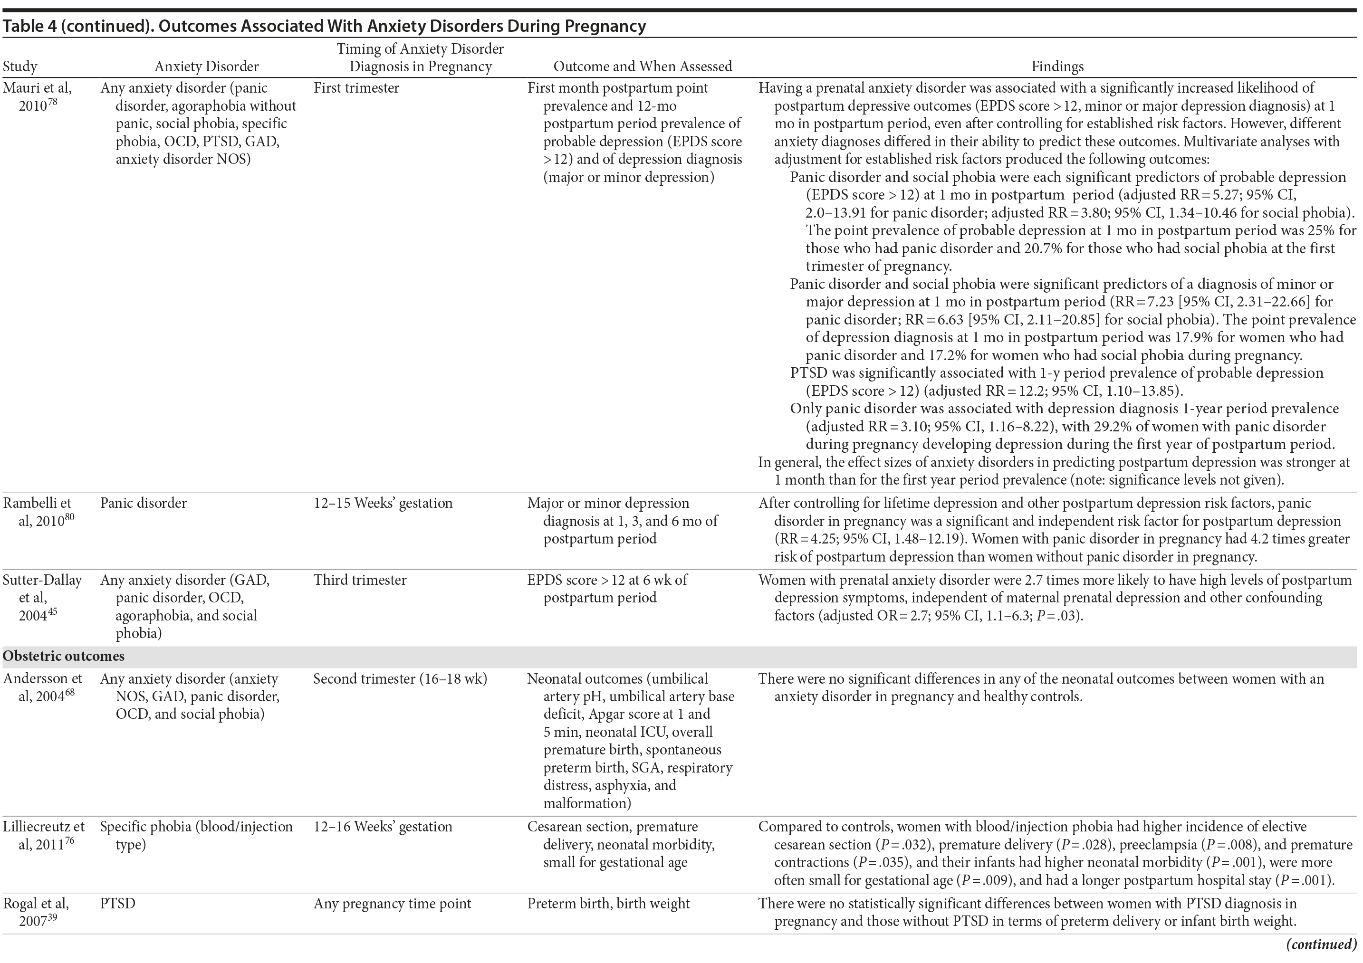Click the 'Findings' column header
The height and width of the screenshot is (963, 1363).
click(x=1057, y=67)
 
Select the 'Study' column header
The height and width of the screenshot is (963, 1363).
click(x=20, y=67)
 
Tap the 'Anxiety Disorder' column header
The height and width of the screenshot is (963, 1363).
click(x=207, y=67)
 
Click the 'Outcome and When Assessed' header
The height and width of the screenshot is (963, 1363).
click(x=643, y=67)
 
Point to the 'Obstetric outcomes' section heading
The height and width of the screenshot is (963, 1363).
click(x=64, y=656)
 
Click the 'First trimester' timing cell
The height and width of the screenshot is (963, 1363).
click(x=356, y=88)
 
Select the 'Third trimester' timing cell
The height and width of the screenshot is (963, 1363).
click(x=360, y=580)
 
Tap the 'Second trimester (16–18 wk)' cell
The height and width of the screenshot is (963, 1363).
click(x=400, y=678)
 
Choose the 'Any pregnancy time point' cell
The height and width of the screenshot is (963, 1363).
click(x=392, y=904)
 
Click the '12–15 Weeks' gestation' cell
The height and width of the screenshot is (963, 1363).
click(x=383, y=503)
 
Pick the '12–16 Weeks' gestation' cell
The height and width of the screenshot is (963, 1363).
click(x=383, y=827)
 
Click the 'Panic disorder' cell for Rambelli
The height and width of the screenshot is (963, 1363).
click(x=143, y=503)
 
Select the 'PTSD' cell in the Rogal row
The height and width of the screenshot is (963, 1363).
click(x=117, y=904)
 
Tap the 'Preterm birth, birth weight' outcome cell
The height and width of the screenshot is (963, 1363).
click(x=608, y=904)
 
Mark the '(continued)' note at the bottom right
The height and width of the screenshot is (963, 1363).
click(x=1322, y=944)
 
